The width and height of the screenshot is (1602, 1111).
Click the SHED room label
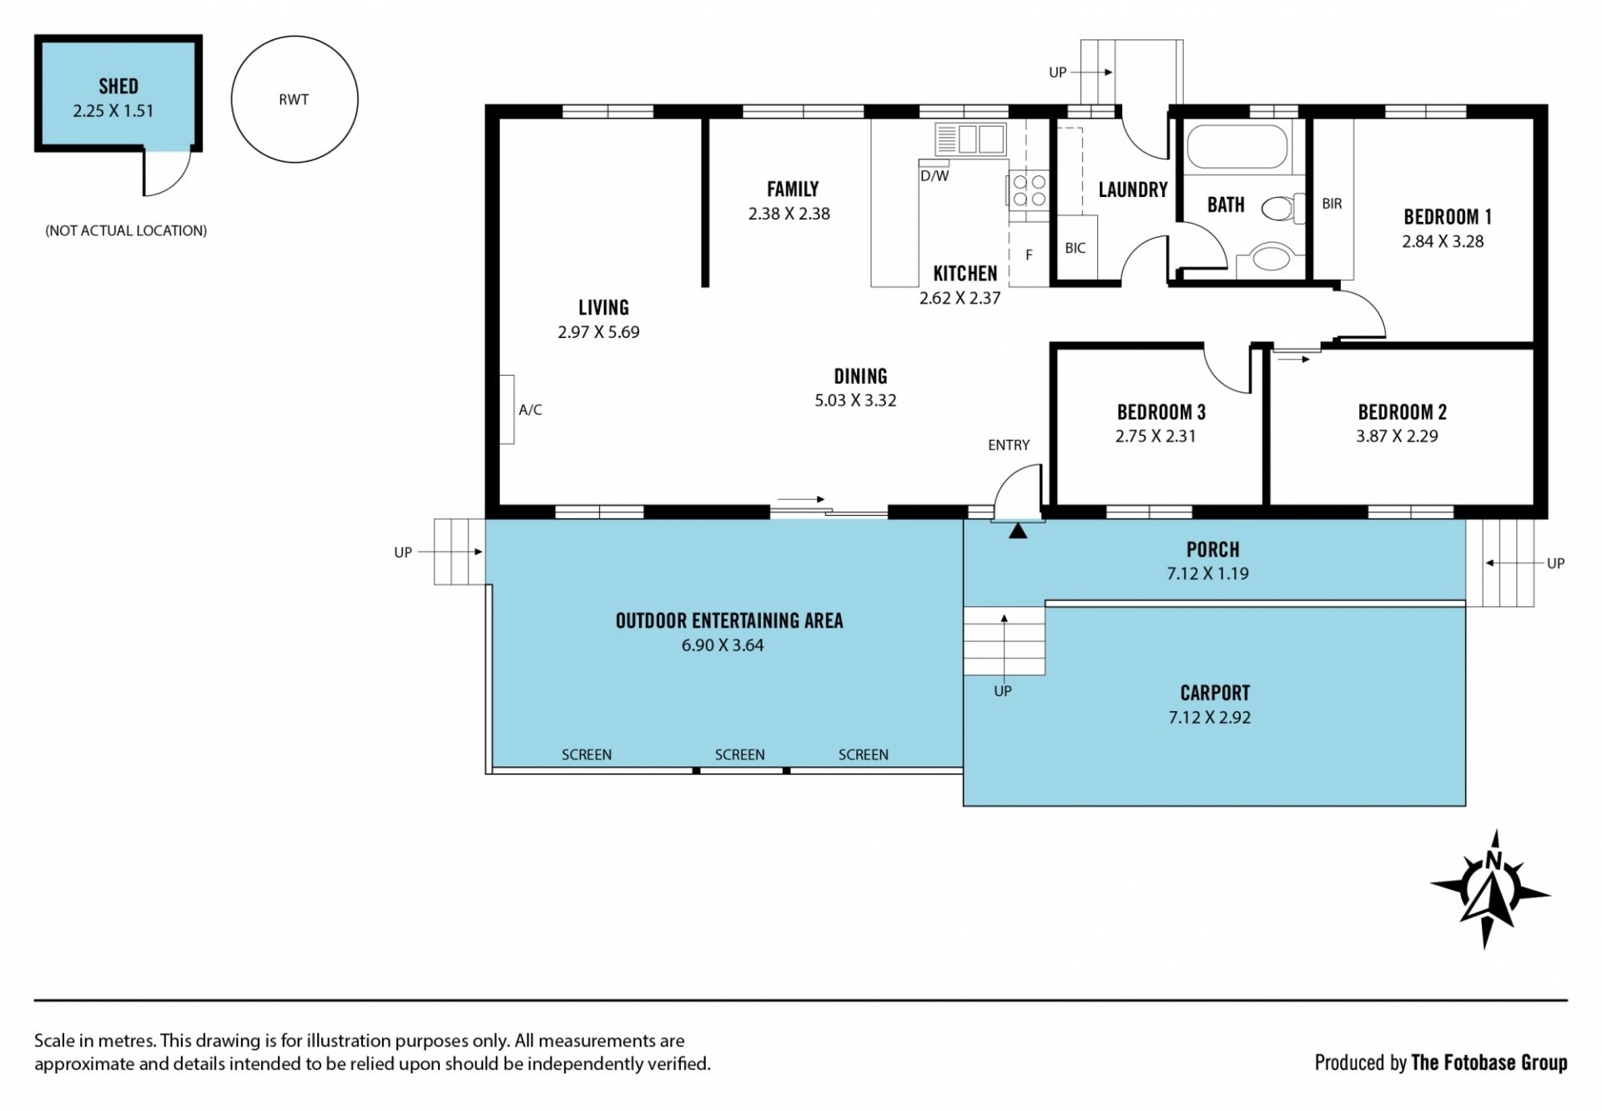118,86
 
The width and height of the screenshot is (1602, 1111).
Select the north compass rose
1490,889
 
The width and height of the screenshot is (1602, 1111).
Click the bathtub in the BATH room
1237,148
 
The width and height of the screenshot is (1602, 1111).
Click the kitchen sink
970,139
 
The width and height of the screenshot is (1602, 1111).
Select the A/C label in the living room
531,410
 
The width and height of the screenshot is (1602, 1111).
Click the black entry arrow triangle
1018,531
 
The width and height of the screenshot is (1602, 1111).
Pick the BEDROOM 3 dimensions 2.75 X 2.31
1156,436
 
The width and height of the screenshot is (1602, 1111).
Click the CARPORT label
1215,693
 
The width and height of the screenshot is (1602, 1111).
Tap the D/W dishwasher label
934,176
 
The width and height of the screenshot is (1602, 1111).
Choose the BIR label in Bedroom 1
1332,204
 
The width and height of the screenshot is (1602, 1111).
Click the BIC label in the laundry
1076,248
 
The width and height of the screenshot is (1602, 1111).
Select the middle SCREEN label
739,755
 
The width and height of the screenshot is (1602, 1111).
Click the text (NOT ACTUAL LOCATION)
126,230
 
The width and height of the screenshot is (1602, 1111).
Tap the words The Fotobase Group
1489,1063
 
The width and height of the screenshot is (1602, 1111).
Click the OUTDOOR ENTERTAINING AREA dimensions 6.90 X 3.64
723,645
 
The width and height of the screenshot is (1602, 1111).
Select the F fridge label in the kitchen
1029,255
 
